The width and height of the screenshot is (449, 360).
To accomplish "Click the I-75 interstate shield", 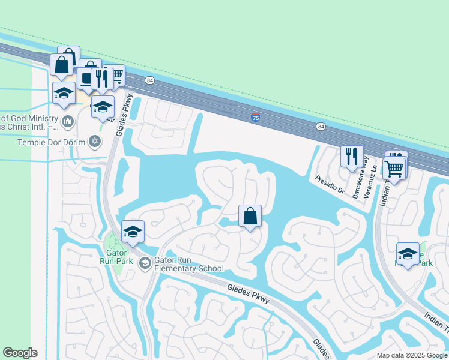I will click(x=256, y=118).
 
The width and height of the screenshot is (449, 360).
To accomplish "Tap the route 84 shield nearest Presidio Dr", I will click(x=321, y=126).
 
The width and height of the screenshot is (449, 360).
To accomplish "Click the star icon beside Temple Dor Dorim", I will click(x=94, y=142).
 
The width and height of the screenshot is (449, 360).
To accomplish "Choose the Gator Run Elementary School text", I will click(x=189, y=264).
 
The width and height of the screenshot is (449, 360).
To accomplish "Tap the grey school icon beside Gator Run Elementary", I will click(x=145, y=264).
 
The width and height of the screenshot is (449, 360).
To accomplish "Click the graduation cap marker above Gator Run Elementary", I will click(x=133, y=232).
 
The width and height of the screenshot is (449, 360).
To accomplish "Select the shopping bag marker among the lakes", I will click(x=250, y=216).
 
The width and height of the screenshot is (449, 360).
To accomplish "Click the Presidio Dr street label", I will click(x=330, y=184).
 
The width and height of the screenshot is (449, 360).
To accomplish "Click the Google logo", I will click(x=20, y=353).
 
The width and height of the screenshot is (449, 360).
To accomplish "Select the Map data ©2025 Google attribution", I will click(x=411, y=355).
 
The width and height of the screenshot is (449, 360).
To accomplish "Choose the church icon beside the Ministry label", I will click(x=67, y=122).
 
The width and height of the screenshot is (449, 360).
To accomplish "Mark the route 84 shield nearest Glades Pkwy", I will click(x=149, y=80).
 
